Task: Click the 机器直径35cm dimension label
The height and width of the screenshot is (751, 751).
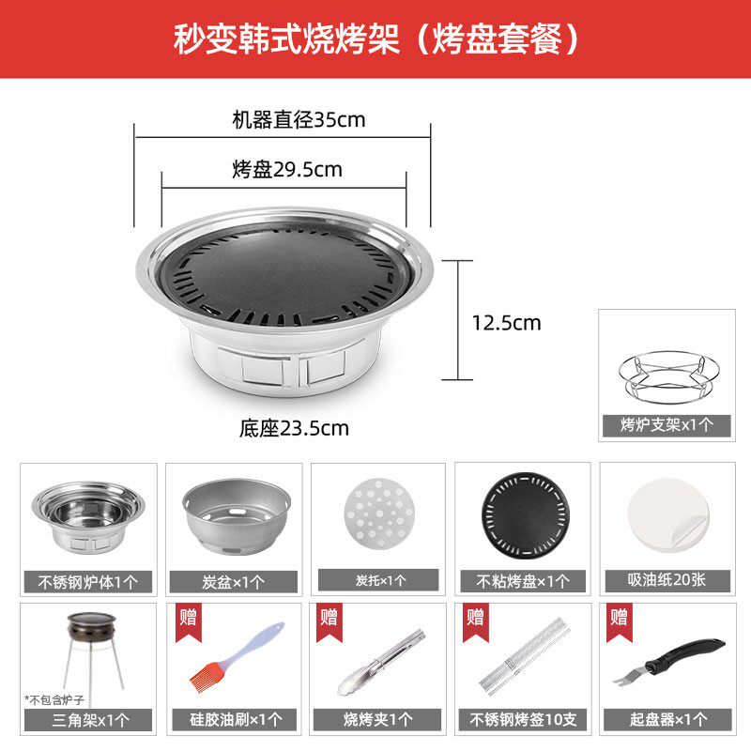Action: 299,120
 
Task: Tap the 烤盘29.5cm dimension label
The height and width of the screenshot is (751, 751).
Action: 287,170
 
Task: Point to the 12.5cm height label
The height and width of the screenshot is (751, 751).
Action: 507,323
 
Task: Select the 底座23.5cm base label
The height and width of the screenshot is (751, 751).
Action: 294,428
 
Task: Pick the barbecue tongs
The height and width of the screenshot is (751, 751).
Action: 381,662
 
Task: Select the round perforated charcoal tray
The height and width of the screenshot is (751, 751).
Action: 378,513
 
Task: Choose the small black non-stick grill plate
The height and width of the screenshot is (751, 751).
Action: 526,514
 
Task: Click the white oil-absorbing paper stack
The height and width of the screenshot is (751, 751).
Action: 668,514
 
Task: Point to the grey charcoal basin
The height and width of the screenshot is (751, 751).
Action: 237,515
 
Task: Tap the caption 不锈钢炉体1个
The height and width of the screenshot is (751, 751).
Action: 88,582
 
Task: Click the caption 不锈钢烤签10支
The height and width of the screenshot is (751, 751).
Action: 523,719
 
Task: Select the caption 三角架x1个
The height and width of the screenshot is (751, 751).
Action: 90,720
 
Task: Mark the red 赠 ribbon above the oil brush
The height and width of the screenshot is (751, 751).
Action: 189,621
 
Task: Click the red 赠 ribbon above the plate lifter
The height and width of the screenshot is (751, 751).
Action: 619,621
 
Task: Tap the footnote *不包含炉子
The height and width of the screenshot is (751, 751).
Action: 54,700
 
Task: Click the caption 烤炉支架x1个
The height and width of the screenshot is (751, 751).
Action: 667,425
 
